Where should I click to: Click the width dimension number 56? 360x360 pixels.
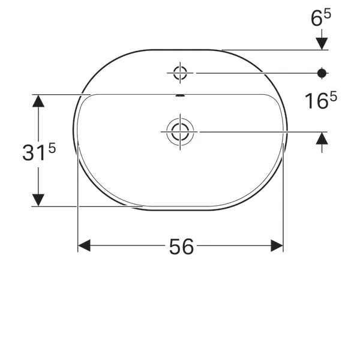(181, 246)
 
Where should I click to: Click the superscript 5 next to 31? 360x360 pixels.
(52, 148)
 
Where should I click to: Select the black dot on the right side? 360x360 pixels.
(322, 73)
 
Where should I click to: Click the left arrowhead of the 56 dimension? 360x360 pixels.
(84, 245)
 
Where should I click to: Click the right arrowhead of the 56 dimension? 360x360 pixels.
(277, 245)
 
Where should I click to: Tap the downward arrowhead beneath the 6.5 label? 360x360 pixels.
(322, 43)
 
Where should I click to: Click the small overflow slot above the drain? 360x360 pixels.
(180, 95)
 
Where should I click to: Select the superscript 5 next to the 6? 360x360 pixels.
(327, 13)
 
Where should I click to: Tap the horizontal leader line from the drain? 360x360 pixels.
(258, 131)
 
